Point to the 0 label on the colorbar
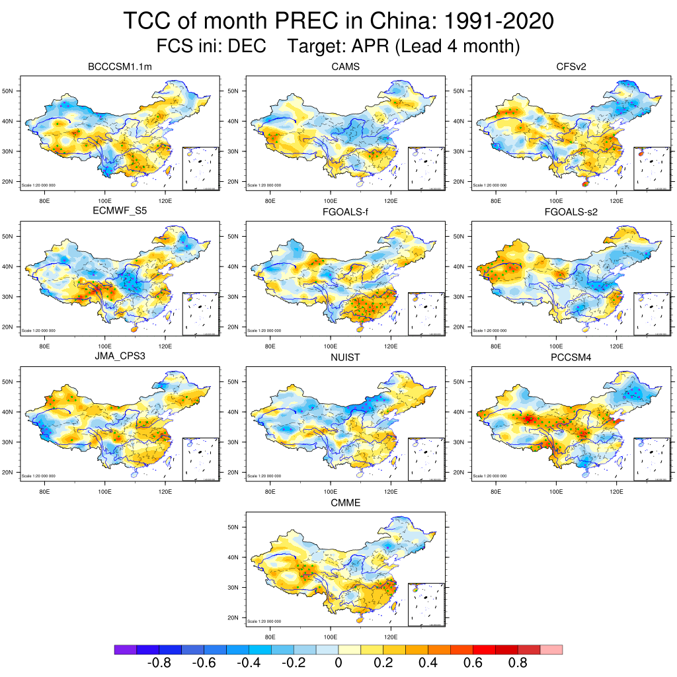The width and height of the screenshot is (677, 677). pyautogui.click(x=338, y=663)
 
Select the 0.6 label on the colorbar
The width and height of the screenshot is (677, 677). pyautogui.click(x=473, y=663)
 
